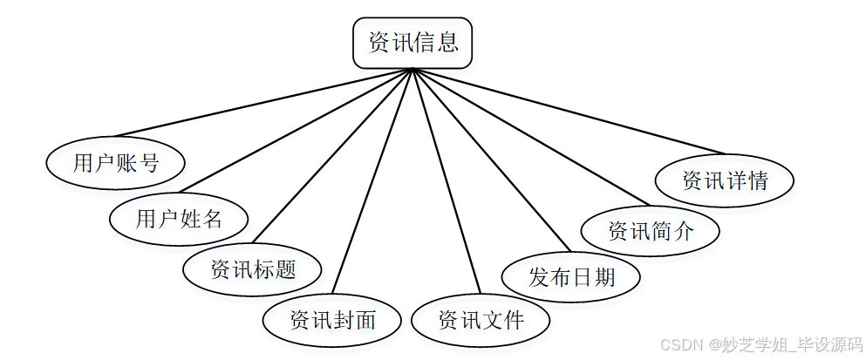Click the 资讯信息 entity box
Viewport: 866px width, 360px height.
(413, 43)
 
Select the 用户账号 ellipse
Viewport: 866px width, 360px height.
(115, 163)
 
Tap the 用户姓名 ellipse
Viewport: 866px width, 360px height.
(179, 218)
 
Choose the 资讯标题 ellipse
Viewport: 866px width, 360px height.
(253, 268)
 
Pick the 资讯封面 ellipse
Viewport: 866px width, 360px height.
(332, 320)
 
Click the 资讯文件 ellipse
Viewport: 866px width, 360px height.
(481, 320)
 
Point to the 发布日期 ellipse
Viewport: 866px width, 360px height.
(571, 277)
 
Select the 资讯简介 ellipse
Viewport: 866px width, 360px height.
(651, 231)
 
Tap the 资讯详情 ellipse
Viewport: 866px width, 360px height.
(725, 180)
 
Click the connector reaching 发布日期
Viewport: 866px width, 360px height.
(488, 161)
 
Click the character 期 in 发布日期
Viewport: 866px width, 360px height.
(603, 277)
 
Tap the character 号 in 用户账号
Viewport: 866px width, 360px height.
(148, 163)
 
